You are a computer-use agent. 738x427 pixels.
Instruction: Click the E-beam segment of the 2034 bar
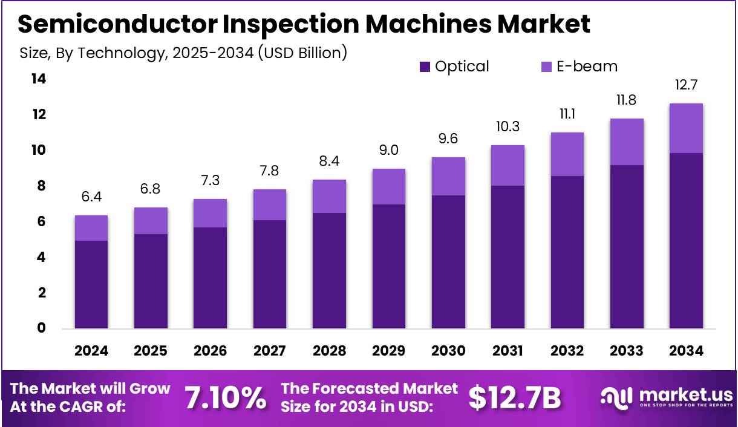(686, 128)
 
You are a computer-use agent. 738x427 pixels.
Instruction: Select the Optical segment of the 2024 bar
(91, 284)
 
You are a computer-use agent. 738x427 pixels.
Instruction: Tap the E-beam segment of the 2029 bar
(388, 186)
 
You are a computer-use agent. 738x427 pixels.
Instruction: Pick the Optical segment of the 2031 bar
(508, 257)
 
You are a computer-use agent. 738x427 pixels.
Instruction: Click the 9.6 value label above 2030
(448, 139)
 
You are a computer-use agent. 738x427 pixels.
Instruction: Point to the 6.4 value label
(91, 197)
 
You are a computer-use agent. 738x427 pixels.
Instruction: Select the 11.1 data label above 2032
(567, 114)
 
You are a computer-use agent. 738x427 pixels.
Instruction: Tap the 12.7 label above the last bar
(686, 85)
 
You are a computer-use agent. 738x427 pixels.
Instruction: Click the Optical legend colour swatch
(425, 67)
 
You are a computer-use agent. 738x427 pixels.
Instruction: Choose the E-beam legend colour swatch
(546, 67)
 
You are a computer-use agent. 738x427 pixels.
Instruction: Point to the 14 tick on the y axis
(38, 79)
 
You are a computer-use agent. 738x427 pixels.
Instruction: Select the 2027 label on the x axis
(269, 351)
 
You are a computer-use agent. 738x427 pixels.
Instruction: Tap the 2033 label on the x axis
(627, 351)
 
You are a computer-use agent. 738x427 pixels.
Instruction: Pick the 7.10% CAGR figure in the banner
(225, 397)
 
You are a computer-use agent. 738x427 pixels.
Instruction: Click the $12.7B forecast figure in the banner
(515, 397)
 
